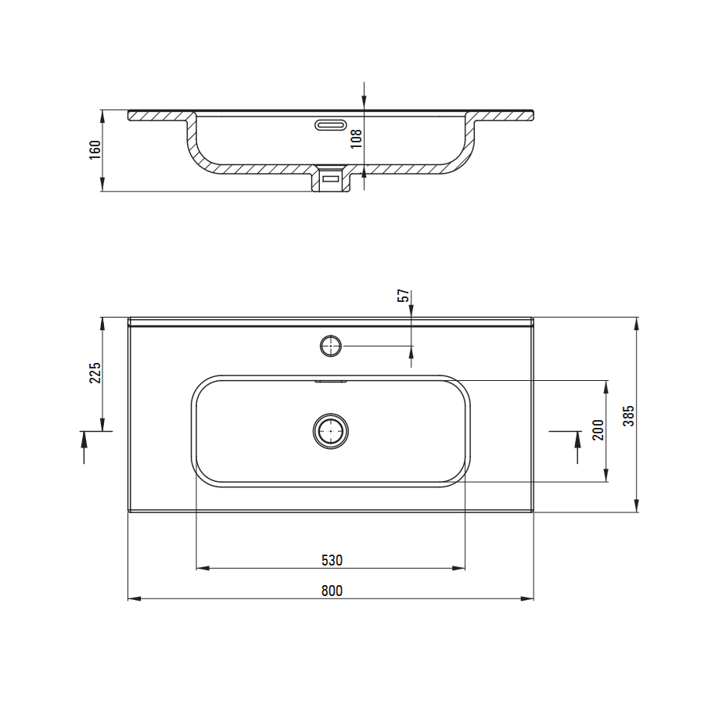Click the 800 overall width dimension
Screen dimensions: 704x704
332,591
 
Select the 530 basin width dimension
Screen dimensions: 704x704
332,560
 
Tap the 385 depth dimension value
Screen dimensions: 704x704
629,416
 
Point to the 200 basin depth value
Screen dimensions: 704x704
598,429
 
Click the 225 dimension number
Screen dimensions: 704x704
95,372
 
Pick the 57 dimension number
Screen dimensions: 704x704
404,296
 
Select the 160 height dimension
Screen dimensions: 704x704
95,150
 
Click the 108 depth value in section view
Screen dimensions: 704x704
356,138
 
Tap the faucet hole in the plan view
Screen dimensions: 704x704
331,347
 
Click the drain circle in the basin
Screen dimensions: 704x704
331,431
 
